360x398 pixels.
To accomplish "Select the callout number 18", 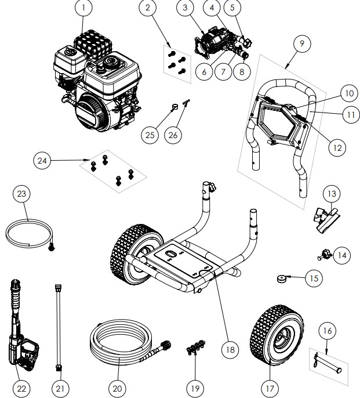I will click(230, 350).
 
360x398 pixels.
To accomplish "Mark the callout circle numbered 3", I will click(184, 9).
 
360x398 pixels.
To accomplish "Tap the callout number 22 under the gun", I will click(21, 386).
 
